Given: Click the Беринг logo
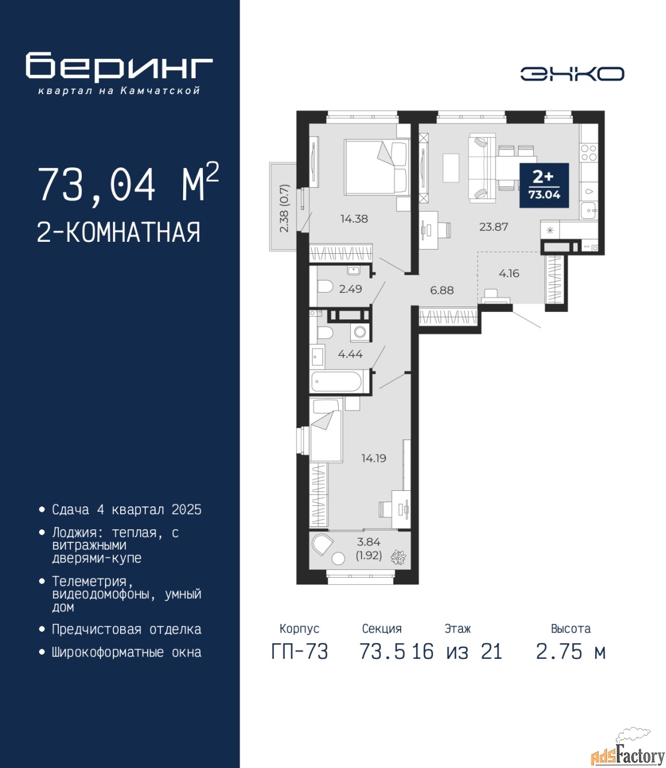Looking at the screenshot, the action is (x=119, y=73).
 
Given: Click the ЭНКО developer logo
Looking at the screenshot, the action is (x=572, y=74).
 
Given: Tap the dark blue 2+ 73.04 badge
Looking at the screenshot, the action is (x=544, y=185).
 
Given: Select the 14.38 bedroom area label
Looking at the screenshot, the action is (x=354, y=219).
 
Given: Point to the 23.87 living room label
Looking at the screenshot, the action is (x=494, y=227).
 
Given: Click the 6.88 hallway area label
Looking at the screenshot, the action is (x=442, y=290).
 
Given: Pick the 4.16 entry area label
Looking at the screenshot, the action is (x=509, y=274).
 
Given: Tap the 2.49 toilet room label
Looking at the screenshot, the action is (x=350, y=289).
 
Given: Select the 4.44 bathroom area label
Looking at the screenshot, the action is (x=350, y=354).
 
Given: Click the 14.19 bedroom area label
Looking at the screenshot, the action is (x=374, y=458).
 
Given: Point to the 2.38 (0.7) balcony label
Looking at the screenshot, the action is (x=285, y=208).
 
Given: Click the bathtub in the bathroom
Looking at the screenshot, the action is (x=336, y=382).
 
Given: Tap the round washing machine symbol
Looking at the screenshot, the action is (x=360, y=332).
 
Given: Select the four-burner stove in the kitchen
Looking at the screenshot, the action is (x=589, y=153).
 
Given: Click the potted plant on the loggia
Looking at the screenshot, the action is (x=398, y=557).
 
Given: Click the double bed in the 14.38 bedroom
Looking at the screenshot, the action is (x=377, y=167).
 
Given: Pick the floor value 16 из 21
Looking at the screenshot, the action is (x=457, y=652).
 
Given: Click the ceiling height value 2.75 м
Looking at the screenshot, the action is (x=571, y=652).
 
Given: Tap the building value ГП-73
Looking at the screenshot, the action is (x=299, y=652).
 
